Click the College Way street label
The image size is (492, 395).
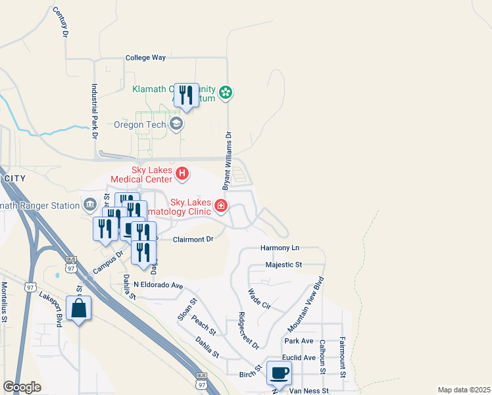point(145,58)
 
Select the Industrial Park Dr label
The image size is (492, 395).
point(95,110)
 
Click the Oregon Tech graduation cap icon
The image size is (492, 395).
point(176,124)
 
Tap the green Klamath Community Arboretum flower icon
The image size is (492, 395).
point(226,92)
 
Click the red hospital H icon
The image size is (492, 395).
point(182,174)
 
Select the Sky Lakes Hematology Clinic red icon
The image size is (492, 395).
point(221,207)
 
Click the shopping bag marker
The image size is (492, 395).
point(79,309)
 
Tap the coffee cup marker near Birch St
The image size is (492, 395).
point(279,373)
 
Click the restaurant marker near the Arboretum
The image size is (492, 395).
point(186,95)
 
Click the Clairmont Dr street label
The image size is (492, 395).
point(193,240)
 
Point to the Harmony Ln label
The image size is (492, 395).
point(280,248)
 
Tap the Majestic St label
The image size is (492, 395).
point(283,265)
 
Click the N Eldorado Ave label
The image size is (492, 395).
point(158,285)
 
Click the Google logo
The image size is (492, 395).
point(22,387)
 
